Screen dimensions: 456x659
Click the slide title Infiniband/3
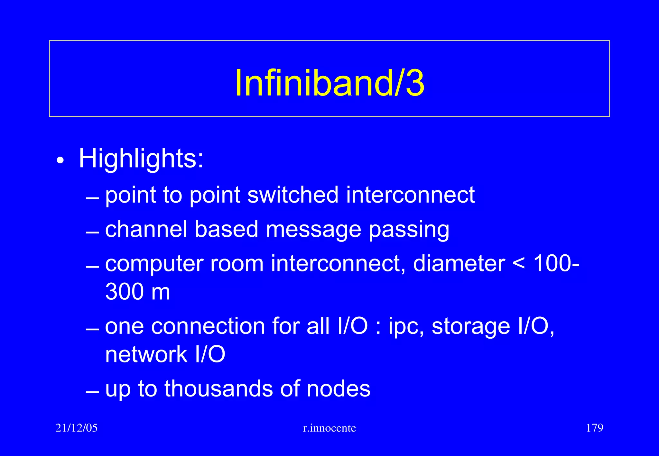329,83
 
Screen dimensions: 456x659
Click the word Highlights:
141,159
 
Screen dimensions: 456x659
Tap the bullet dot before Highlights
60,160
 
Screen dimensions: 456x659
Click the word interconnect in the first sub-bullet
410,195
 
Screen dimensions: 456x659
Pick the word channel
146,229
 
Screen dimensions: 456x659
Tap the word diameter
459,263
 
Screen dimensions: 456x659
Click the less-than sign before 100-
519,264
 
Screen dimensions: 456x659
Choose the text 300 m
138,292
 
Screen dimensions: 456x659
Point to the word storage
471,327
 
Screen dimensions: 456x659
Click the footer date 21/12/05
77,428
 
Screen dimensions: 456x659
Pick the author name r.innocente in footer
329,428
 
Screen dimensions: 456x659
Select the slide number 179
595,428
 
